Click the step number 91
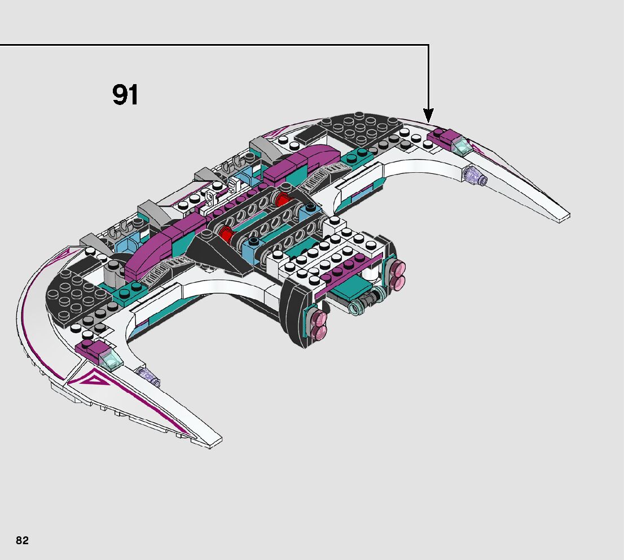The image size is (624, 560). pos(125,95)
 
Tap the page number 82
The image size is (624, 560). pos(22,540)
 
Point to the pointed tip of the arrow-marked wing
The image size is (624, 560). pos(566,216)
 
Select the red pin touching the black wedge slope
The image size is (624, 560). pos(227,233)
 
